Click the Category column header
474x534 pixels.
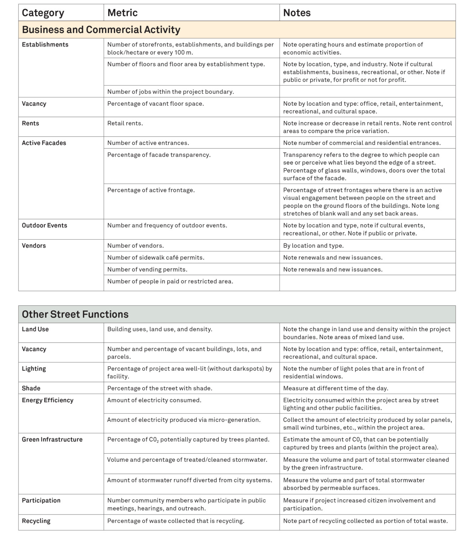click(43, 13)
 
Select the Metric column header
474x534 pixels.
click(123, 13)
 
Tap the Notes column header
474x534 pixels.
click(297, 13)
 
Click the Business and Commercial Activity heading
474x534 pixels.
click(101, 30)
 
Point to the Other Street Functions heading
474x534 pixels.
click(75, 314)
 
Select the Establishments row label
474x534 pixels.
click(45, 44)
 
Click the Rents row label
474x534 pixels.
click(31, 123)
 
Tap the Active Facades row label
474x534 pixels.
click(44, 143)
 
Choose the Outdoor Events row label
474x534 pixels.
click(45, 225)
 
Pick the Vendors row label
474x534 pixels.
click(34, 246)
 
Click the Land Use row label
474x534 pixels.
click(35, 329)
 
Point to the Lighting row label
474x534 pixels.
click(34, 369)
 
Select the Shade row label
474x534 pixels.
click(31, 388)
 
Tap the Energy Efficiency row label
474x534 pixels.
click(48, 400)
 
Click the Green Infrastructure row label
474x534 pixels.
click(52, 440)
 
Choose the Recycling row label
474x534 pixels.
click(36, 521)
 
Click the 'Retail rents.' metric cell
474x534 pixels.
click(125, 123)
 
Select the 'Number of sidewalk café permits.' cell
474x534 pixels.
click(156, 257)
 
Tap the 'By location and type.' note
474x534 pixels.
click(313, 246)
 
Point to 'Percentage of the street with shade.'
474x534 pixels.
click(160, 388)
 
